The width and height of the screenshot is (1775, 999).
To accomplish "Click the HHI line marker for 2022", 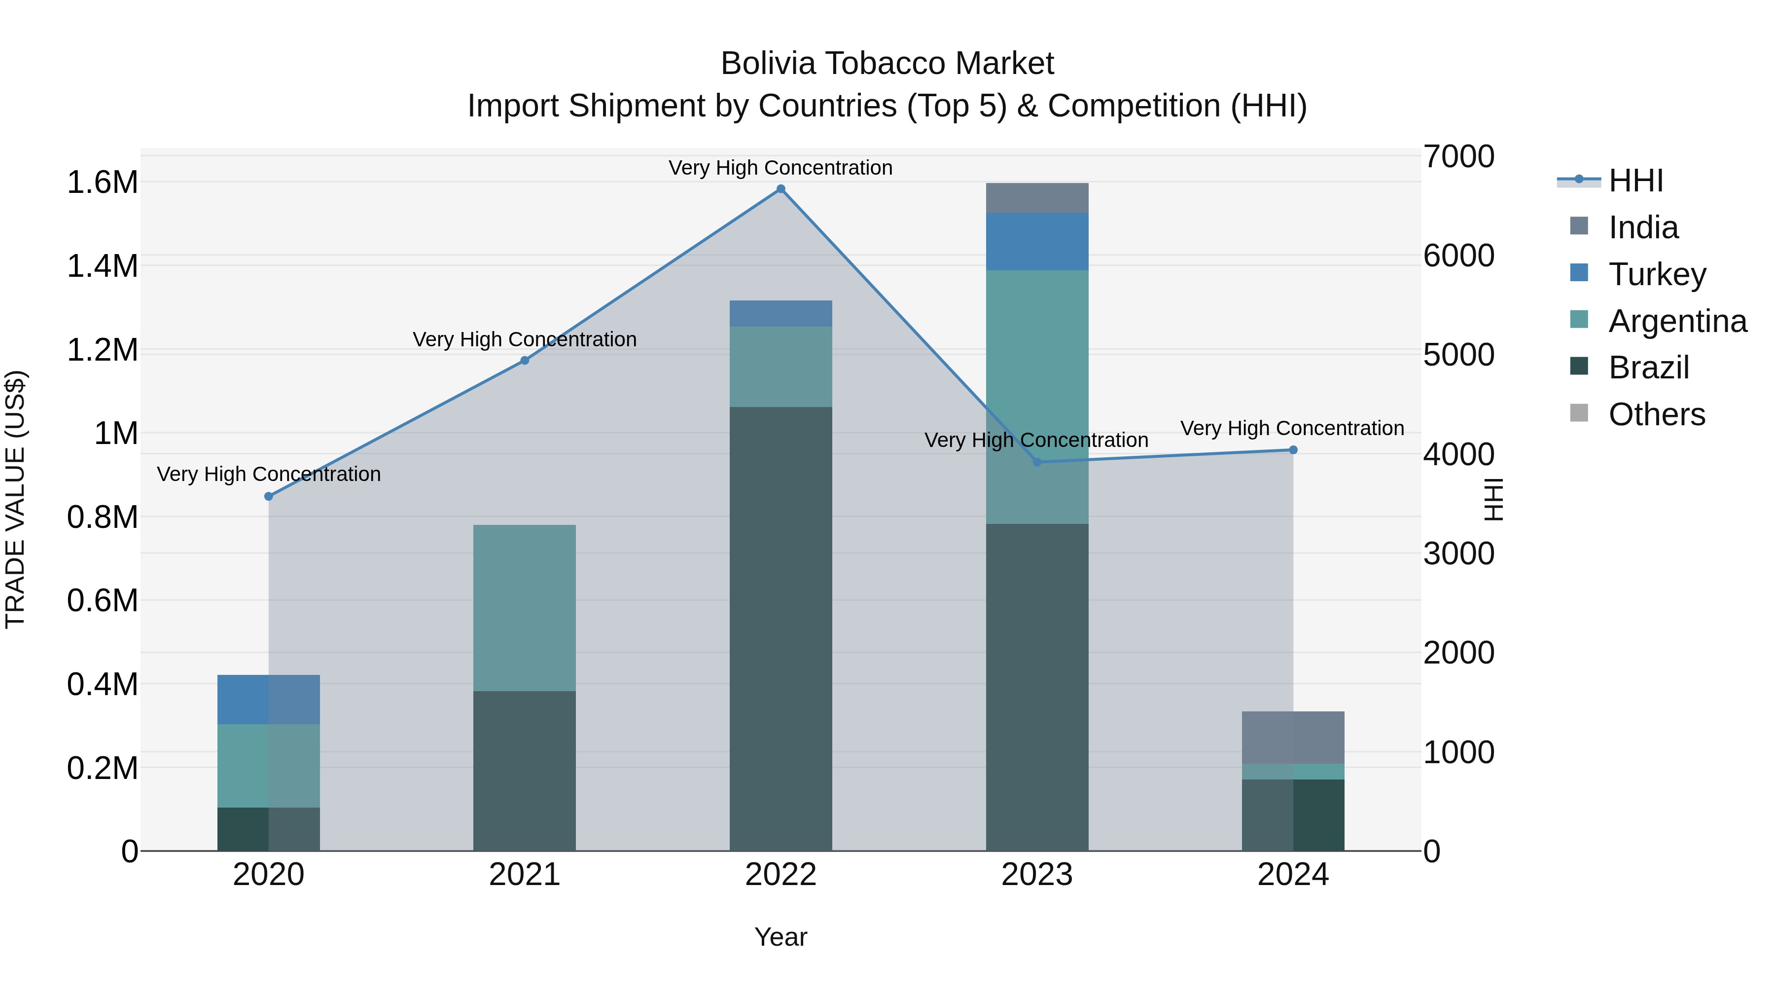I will coord(781,189).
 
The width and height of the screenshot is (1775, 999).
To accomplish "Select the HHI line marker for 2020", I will coord(269,496).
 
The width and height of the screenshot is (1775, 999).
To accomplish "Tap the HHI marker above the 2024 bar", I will coord(1293,450).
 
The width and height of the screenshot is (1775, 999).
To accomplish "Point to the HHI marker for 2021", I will coord(525,361).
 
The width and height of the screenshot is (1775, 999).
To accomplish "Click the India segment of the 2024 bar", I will coord(1293,737).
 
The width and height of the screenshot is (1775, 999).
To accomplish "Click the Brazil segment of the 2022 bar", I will coord(781,628).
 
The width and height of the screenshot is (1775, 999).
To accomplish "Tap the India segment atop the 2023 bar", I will coord(1037,198).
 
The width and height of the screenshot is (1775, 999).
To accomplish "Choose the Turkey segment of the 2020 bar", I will coord(269,699).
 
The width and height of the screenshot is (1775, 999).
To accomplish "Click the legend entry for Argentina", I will coord(1677,321).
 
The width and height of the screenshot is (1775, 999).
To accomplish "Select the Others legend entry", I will coord(1657,414).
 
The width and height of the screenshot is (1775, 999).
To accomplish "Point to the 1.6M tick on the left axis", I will coord(102,183).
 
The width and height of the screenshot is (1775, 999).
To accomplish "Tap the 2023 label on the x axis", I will coord(1037,875).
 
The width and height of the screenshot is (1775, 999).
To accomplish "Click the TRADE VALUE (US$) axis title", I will coord(15,499).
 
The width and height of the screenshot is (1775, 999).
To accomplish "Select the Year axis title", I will coord(781,937).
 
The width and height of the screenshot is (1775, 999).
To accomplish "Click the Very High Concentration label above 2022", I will coord(781,168).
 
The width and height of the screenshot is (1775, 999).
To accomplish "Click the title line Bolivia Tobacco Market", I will coord(887,64).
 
